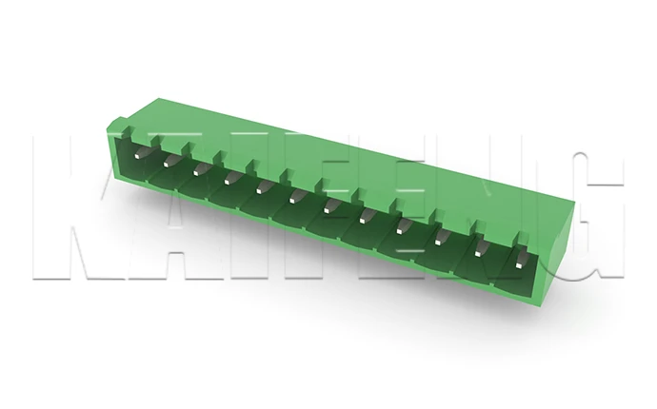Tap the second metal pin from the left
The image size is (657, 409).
[x=169, y=161]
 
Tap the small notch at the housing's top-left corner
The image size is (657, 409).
[x=115, y=124]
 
